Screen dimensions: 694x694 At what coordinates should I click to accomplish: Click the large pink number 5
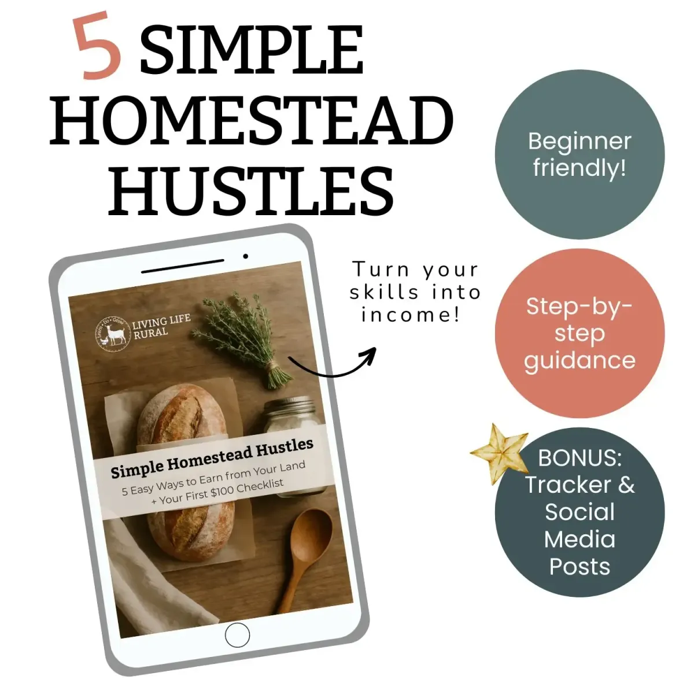(x=97, y=45)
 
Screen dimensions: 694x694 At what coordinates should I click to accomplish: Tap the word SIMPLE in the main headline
(x=252, y=49)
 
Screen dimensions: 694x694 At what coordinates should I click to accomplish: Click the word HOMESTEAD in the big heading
(x=252, y=120)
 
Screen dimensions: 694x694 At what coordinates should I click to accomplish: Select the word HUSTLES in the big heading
(x=251, y=190)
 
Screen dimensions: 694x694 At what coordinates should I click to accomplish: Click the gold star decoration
(x=500, y=454)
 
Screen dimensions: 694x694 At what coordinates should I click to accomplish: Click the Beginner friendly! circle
(x=579, y=154)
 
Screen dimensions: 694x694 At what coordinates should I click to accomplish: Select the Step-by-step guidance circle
(x=579, y=333)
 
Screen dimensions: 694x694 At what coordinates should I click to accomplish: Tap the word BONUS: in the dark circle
(x=579, y=458)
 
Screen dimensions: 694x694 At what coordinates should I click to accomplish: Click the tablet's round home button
(x=237, y=635)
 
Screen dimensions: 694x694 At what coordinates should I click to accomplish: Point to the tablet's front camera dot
(x=245, y=256)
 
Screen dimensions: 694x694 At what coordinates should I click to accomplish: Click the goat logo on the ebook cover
(x=112, y=333)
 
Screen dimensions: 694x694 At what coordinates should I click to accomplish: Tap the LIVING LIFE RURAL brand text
(x=161, y=327)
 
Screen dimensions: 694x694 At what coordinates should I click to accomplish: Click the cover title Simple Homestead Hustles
(x=212, y=458)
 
